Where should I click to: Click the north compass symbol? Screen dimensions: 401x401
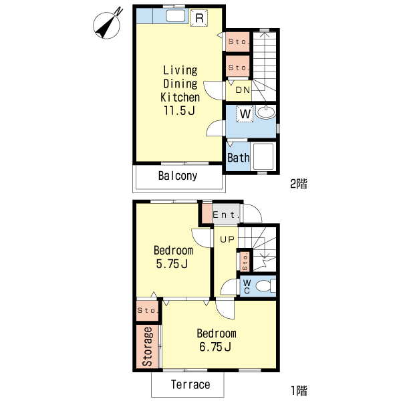(x=107, y=25)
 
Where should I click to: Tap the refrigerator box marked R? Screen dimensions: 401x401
(x=199, y=18)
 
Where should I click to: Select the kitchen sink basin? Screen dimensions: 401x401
(x=175, y=16)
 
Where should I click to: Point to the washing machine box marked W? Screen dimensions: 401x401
(x=245, y=114)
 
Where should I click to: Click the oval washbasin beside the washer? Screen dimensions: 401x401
(x=266, y=112)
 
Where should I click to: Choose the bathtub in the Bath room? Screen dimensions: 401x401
(x=263, y=156)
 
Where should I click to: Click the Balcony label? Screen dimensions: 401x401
(x=178, y=176)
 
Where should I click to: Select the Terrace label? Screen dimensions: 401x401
(x=190, y=385)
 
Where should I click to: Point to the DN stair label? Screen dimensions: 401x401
(x=243, y=90)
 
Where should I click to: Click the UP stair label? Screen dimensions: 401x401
(x=227, y=239)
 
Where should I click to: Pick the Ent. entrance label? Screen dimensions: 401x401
(x=226, y=215)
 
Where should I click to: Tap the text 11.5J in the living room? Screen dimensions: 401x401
(x=179, y=111)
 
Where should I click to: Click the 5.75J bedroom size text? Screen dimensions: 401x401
(x=172, y=264)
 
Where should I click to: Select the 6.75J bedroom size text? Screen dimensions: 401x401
(x=215, y=347)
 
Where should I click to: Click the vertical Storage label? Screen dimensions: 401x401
(x=148, y=346)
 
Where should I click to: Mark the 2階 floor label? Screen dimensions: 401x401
(x=299, y=184)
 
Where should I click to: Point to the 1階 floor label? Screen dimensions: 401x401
(x=299, y=390)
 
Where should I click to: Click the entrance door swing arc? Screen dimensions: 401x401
(x=258, y=211)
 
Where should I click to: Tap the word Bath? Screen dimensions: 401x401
(x=239, y=158)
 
